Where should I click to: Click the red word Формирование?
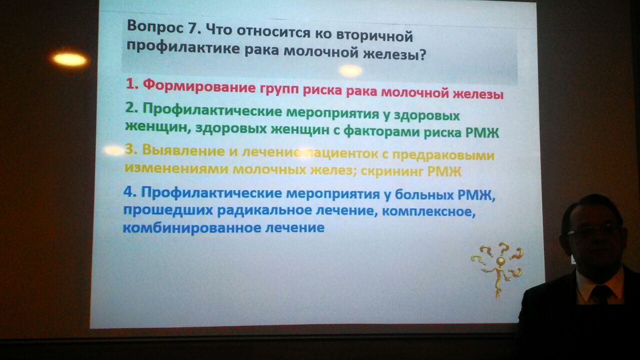[x=199, y=86]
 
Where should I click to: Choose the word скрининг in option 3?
[x=392, y=171]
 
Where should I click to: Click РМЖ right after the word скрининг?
[x=444, y=171]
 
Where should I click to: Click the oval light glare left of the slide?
[x=69, y=59]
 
